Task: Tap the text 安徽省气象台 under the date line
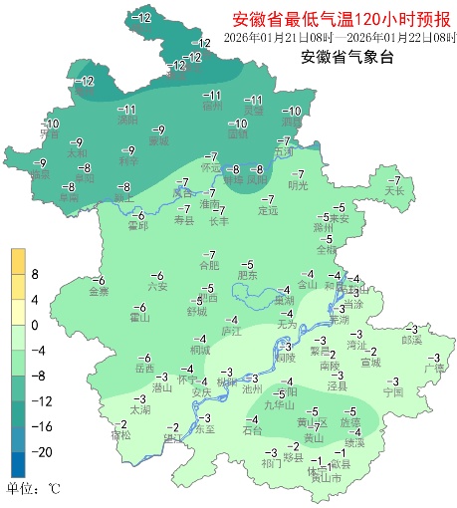(x=345, y=57)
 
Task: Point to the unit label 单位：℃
(x=35, y=490)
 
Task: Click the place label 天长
(x=394, y=190)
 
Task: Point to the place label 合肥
(x=208, y=266)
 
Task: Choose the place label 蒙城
(x=158, y=141)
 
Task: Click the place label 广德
(x=434, y=368)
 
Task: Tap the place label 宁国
(x=392, y=392)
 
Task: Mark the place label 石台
(x=252, y=430)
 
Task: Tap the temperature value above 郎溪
(x=411, y=329)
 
